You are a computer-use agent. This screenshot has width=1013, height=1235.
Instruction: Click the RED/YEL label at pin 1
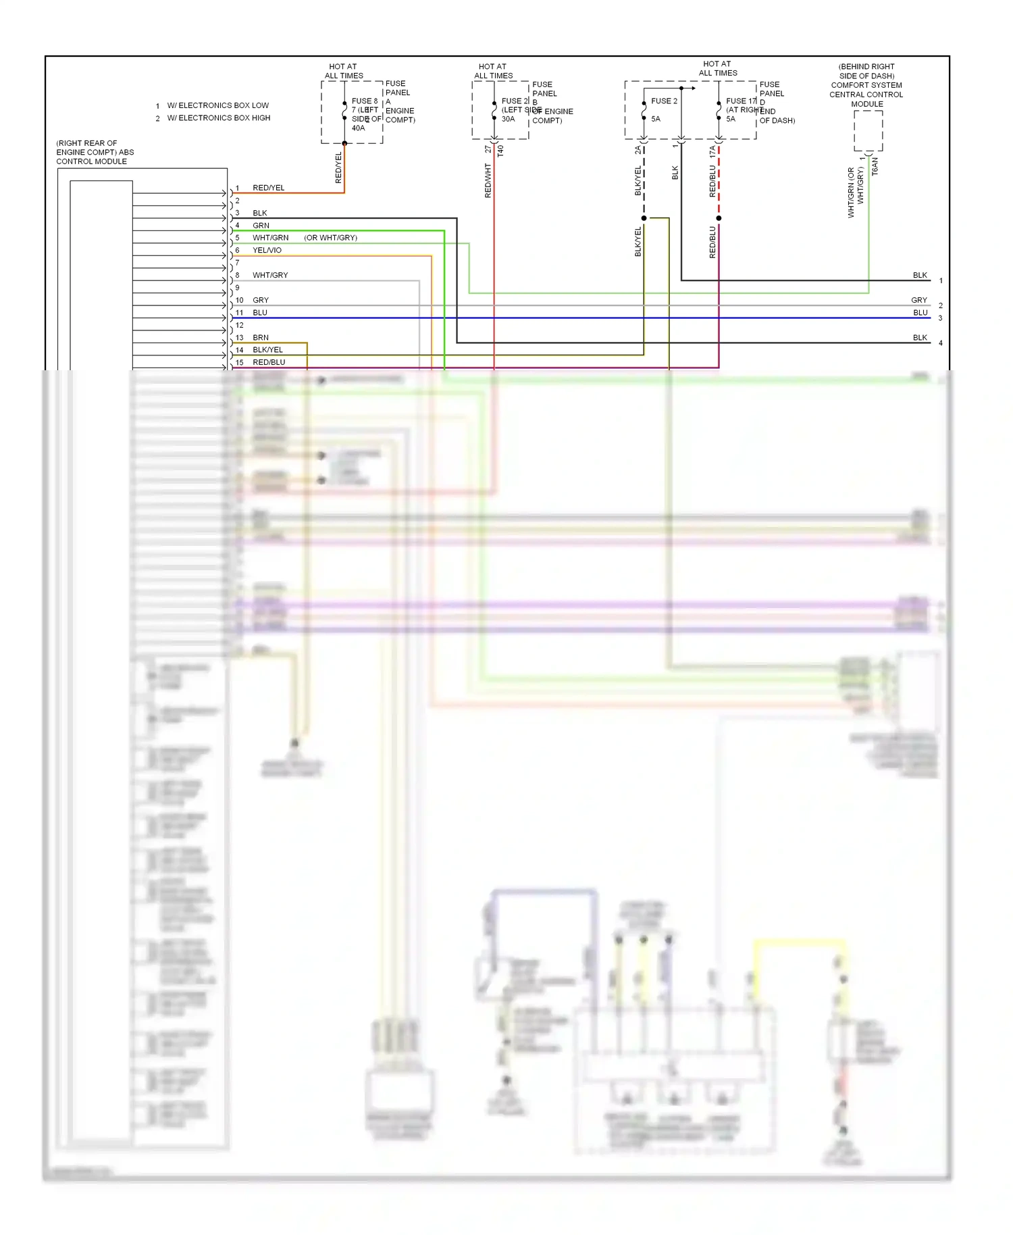tap(268, 188)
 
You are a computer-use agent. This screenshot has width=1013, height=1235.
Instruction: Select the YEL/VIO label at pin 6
tap(267, 250)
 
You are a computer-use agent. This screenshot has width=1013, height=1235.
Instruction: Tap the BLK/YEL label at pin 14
tap(267, 350)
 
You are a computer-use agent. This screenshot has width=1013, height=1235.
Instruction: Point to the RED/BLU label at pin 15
tap(269, 362)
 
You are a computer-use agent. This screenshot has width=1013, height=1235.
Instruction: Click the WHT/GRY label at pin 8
tap(270, 275)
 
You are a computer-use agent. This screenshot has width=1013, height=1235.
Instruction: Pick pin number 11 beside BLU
tap(239, 313)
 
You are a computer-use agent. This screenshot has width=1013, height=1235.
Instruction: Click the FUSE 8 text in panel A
tap(365, 101)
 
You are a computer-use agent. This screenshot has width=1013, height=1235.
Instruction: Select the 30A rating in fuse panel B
tap(508, 119)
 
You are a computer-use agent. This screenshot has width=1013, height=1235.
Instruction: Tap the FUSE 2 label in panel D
tap(664, 101)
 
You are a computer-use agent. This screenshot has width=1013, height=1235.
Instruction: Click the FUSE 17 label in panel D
tap(741, 101)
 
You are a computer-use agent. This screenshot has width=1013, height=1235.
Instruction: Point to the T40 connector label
tap(500, 151)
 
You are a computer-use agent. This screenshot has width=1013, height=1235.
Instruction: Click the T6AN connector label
tap(875, 167)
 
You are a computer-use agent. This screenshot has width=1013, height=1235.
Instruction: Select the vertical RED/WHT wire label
tap(488, 180)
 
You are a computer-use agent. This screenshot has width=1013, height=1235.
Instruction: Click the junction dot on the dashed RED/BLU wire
tap(719, 218)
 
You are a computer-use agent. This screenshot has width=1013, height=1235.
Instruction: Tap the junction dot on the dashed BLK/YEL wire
tap(644, 218)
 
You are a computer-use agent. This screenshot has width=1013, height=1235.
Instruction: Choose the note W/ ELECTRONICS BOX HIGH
tap(218, 118)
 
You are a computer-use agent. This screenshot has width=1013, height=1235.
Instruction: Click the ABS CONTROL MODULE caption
tap(95, 153)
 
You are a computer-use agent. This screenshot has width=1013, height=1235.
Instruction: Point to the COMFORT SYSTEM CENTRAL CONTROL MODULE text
tap(866, 90)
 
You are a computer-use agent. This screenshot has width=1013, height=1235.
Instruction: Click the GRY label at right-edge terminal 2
tap(918, 300)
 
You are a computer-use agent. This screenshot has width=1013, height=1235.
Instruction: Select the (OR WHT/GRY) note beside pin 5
tap(330, 238)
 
